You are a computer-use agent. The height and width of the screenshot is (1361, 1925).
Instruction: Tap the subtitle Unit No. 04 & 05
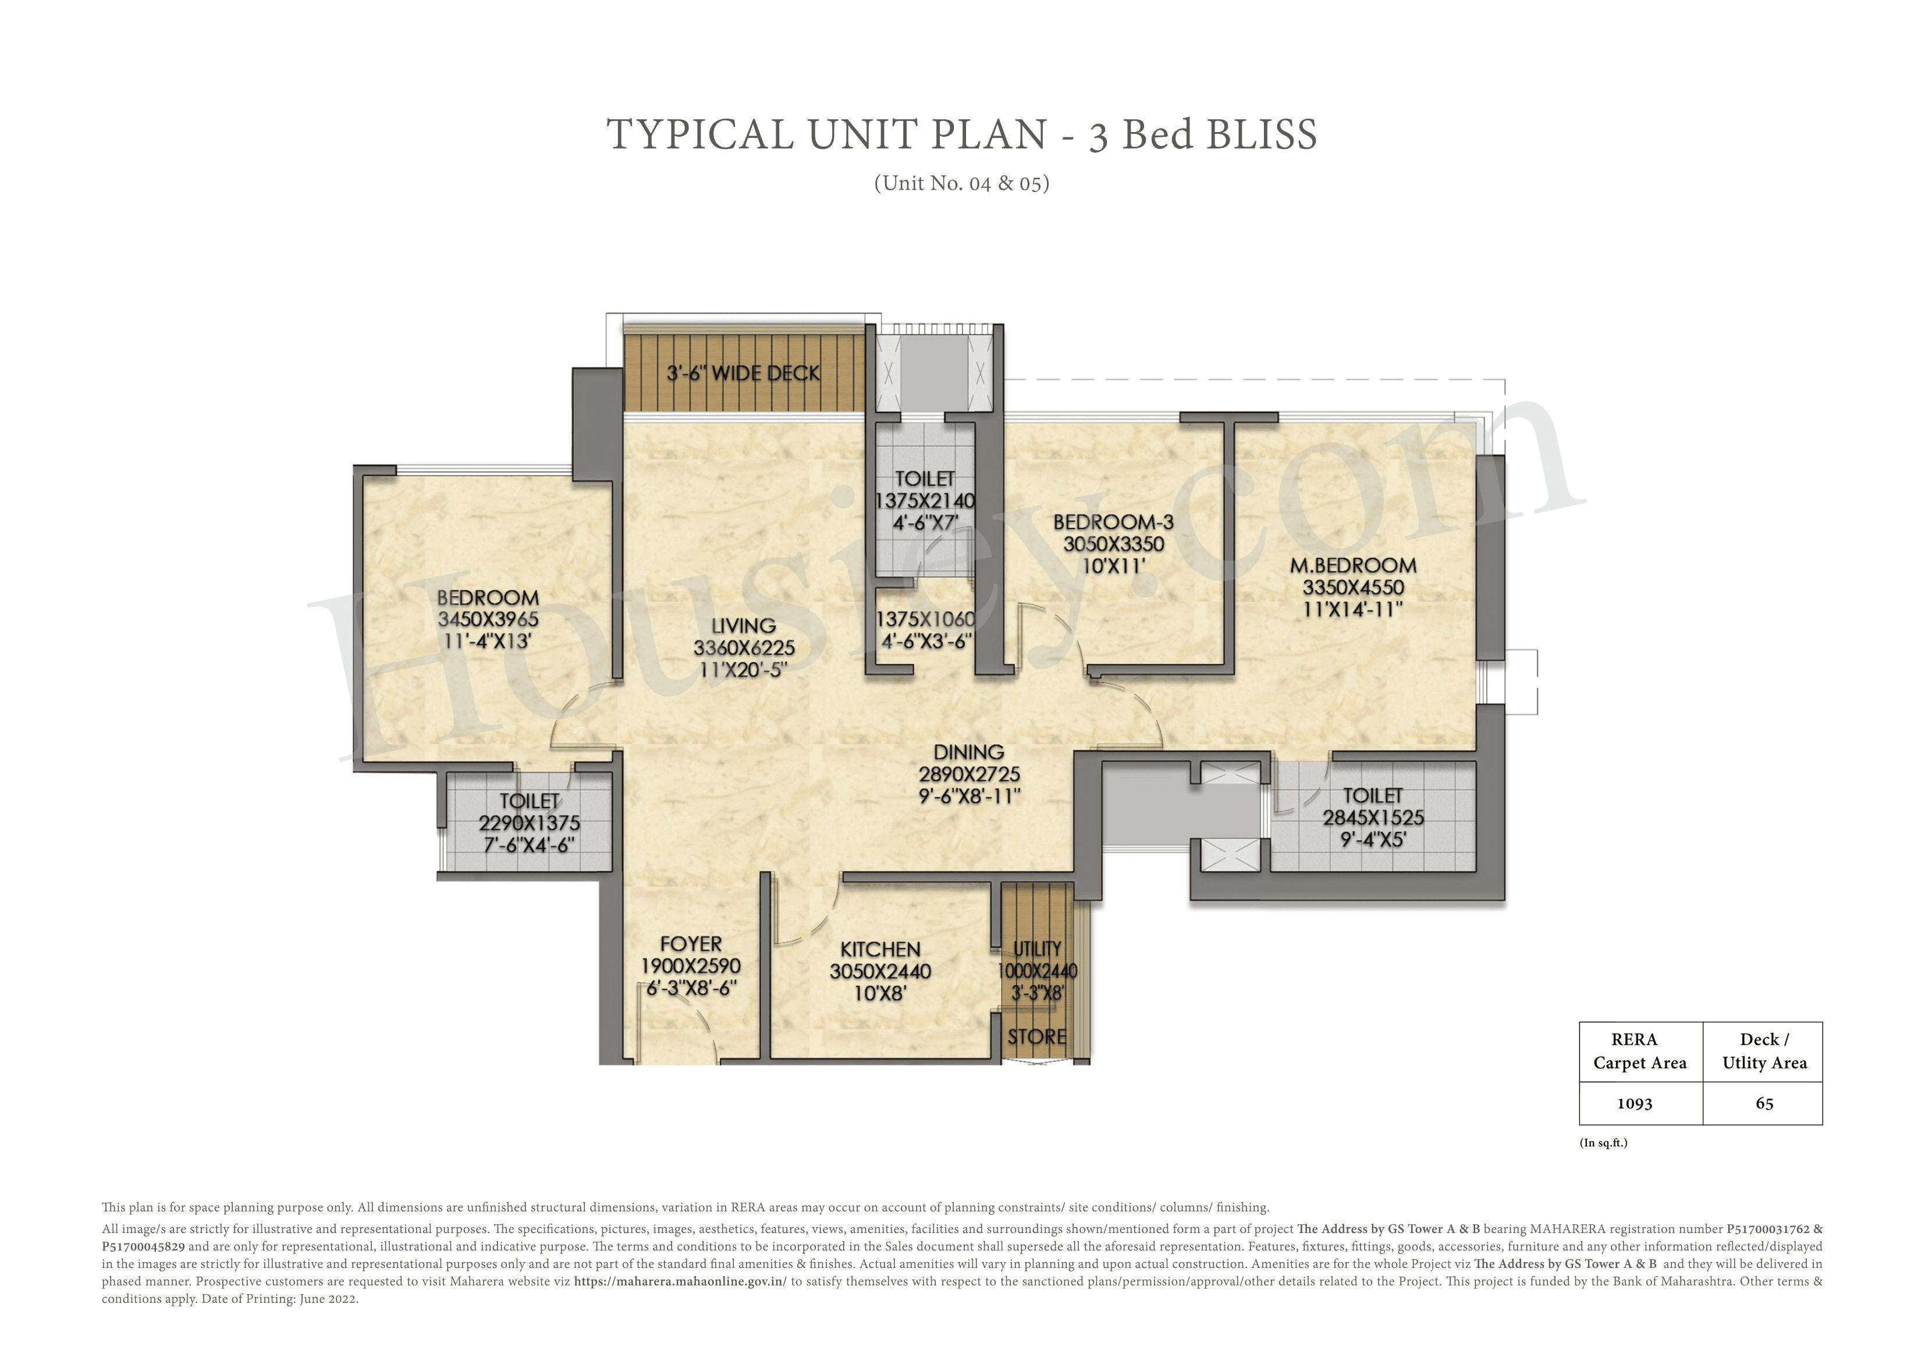point(962,183)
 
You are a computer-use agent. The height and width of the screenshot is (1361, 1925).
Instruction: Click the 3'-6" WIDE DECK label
point(743,373)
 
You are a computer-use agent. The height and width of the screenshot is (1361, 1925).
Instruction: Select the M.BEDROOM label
point(1352,566)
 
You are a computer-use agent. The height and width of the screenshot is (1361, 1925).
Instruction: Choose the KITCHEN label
point(880,949)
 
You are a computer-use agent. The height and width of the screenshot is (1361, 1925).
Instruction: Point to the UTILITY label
point(1037,948)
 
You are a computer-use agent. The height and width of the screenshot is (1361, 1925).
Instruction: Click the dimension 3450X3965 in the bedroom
point(488,620)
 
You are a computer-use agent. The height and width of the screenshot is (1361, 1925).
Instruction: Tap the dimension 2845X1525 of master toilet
point(1373,818)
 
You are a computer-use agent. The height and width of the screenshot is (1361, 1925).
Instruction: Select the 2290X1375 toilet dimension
point(529,823)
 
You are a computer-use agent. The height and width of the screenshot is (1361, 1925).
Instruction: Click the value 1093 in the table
point(1634,1104)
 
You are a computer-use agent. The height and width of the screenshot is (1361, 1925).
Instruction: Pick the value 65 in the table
point(1764,1104)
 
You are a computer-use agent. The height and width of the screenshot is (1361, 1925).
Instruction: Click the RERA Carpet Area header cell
point(1639,1051)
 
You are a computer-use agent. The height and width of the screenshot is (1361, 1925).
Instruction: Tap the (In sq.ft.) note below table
point(1603,1143)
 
